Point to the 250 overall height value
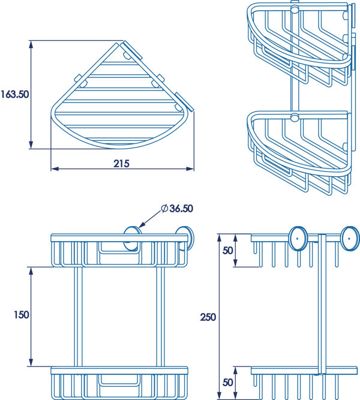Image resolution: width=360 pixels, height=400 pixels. (x=208, y=316)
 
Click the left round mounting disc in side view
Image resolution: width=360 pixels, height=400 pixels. (x=298, y=238)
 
